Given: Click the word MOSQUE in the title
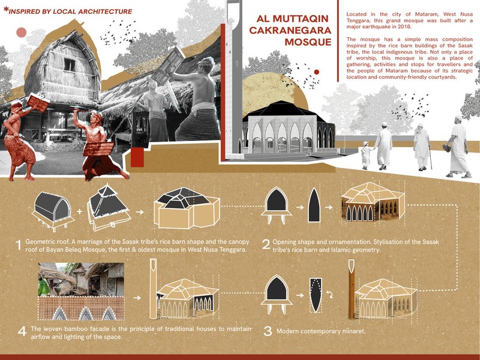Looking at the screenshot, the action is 308,42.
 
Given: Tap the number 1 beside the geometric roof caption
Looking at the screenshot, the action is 19,245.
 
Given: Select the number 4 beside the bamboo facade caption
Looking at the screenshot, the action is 22,331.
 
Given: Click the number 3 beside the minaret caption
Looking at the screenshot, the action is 268,331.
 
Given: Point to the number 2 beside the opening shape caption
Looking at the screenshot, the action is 266,245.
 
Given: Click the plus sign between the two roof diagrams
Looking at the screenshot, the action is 80,212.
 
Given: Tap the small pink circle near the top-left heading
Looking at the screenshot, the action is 22,32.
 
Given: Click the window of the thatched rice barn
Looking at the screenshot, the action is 70,64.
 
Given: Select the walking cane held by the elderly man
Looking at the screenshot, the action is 430,158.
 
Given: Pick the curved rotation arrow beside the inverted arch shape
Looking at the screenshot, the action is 329,295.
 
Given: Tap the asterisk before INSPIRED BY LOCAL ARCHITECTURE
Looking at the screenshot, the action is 6,10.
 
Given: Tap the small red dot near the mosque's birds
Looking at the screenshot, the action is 317,72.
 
